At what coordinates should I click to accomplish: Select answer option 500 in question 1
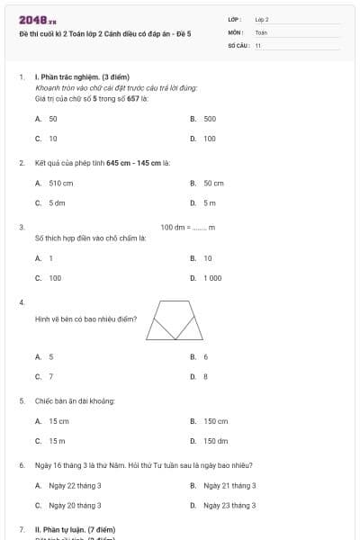(x=209, y=119)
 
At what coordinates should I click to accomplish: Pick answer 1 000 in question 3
(x=211, y=278)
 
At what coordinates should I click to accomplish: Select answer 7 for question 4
(x=50, y=376)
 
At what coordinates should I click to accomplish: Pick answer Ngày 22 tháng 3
(x=75, y=485)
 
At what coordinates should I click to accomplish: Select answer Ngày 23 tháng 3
(x=229, y=505)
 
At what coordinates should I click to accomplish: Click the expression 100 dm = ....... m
(x=187, y=228)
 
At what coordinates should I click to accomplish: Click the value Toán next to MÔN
(x=262, y=31)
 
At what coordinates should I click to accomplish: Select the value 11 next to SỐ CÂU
(x=258, y=44)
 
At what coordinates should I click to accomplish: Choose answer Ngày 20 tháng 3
(x=75, y=505)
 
